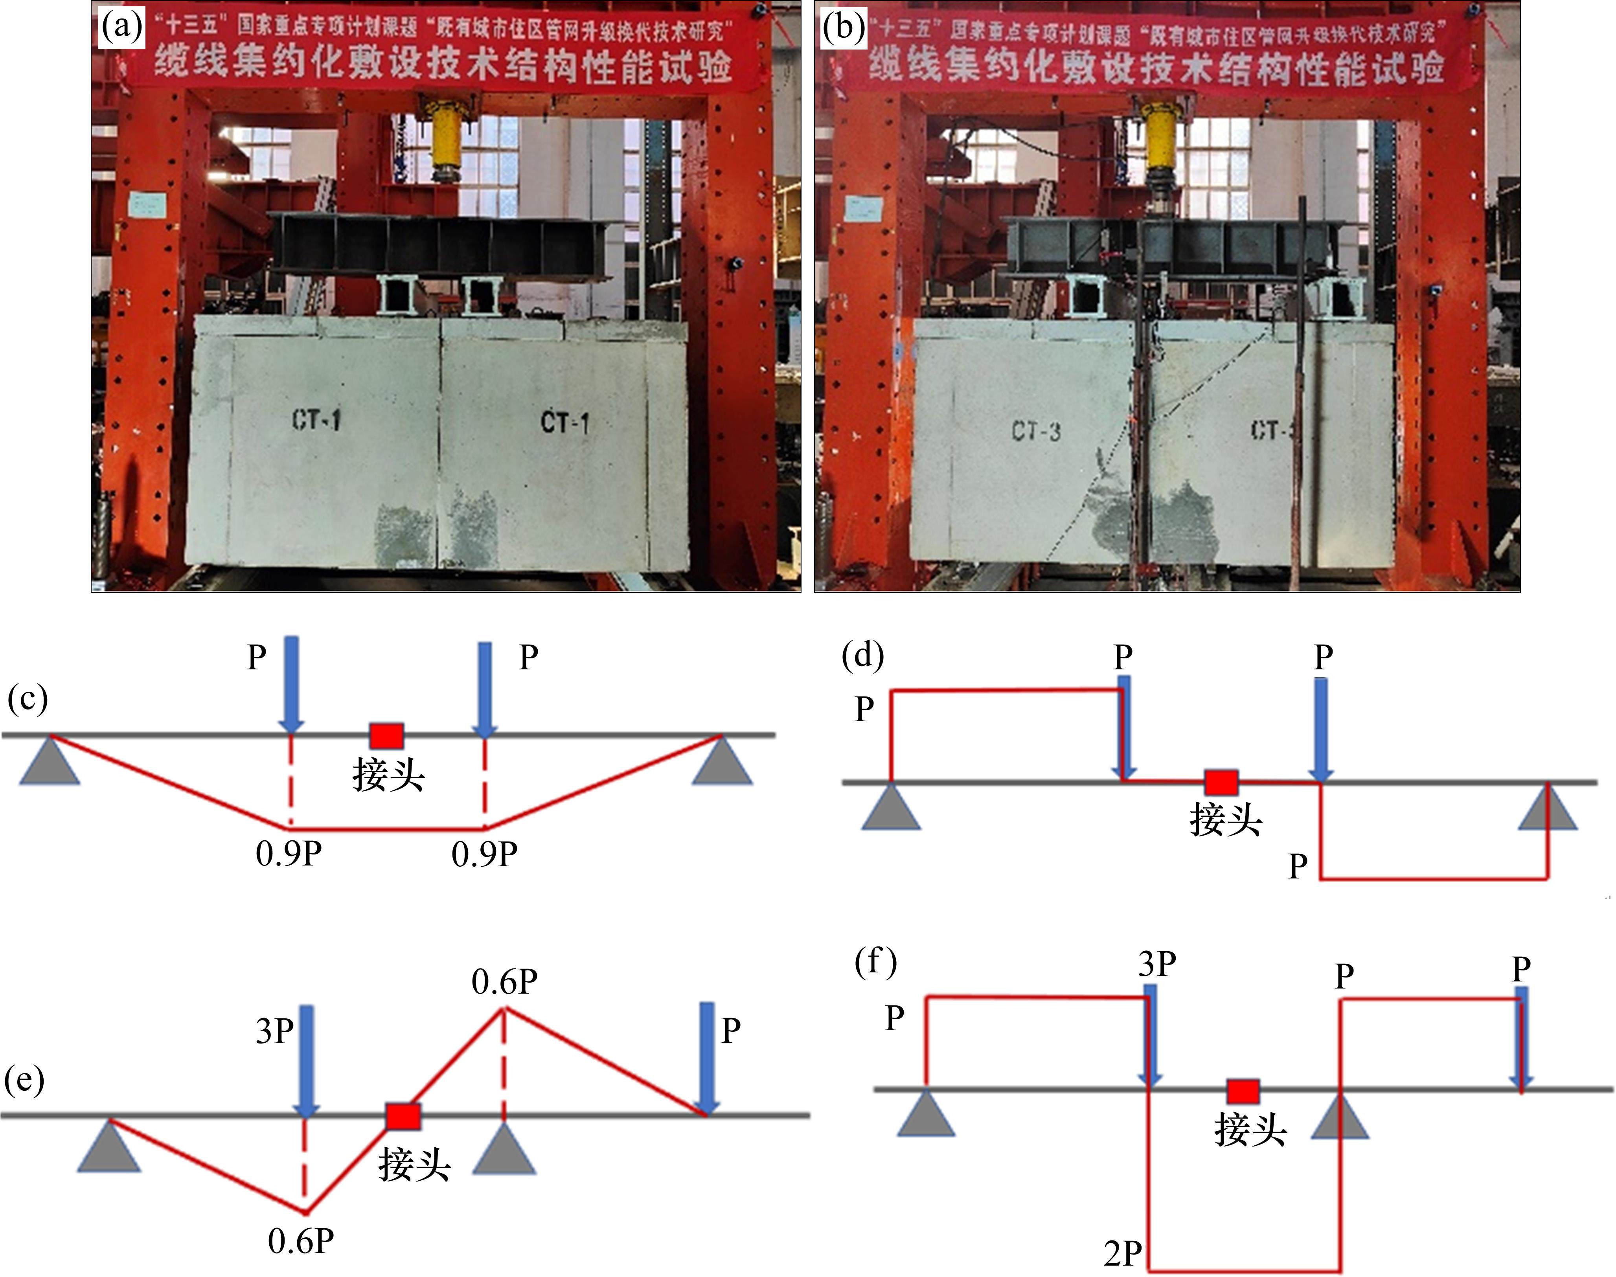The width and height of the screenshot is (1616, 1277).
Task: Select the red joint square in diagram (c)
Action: (387, 736)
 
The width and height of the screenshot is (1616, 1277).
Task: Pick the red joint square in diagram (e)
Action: (403, 1115)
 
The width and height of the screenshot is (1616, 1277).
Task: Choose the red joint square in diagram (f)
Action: (1243, 1091)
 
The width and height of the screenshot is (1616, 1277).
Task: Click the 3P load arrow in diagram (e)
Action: (306, 1060)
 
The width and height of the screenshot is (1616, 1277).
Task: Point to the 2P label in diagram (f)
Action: (1122, 1253)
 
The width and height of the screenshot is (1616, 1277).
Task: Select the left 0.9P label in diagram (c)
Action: (289, 853)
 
